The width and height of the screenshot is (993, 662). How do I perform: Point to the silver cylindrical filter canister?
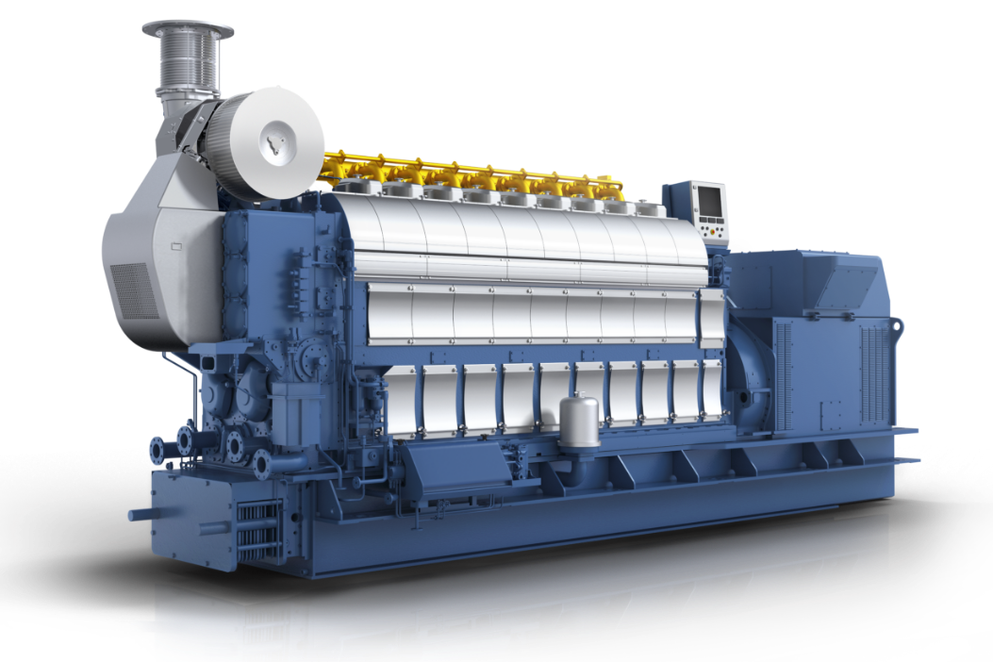578,420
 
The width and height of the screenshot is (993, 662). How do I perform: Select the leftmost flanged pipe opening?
159,441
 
